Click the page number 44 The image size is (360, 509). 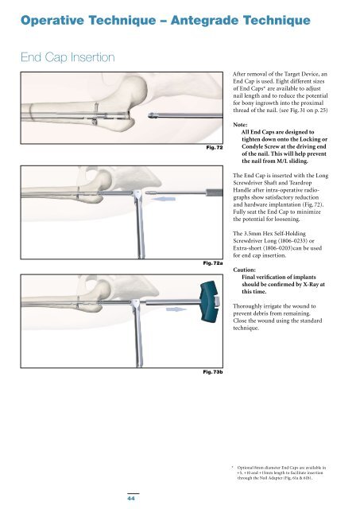131,498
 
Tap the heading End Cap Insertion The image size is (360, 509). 68,57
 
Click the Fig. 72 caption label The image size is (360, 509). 215,147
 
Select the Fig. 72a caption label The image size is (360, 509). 213,263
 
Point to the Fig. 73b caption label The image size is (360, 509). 213,371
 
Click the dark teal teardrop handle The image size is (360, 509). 209,301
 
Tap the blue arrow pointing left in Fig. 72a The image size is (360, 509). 164,198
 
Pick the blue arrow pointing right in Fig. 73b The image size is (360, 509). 176,309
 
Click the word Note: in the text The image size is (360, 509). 240,125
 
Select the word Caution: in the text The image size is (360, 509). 244,270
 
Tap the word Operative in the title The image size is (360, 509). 52,21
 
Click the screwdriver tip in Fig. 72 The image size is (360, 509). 152,115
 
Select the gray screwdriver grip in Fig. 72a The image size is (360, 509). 215,192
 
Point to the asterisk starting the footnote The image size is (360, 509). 233,467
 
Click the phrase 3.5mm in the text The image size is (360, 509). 252,234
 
